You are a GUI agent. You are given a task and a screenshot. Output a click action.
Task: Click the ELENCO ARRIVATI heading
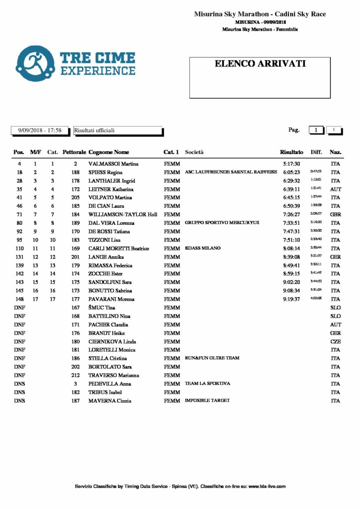260,64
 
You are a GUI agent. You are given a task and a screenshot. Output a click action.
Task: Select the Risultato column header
291,152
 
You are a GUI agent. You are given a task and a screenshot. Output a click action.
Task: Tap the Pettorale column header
75,152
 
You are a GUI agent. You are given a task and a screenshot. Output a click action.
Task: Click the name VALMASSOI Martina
113,164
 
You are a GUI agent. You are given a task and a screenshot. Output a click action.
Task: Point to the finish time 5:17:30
291,164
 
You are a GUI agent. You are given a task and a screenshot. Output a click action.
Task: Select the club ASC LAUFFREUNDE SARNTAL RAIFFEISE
231,172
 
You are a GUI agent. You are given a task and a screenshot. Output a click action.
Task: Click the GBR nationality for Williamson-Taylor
335,215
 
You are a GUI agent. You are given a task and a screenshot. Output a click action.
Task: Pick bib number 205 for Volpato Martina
75,198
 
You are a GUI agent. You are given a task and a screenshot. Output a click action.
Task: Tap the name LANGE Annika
106,257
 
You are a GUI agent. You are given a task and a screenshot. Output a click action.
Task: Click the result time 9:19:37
291,299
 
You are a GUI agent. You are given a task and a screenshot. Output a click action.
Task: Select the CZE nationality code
335,341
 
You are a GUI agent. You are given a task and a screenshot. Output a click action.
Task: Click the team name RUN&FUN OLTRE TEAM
212,358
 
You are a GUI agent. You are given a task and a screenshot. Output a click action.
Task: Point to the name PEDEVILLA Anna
109,384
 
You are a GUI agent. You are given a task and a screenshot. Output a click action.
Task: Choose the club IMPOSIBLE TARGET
207,401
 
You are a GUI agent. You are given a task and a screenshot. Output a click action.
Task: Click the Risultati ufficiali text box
118,131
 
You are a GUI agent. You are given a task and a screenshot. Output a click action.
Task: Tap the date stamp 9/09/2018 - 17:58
40,131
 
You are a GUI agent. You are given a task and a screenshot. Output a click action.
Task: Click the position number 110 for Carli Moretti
19,249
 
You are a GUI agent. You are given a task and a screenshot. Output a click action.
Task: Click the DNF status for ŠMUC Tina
19,308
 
